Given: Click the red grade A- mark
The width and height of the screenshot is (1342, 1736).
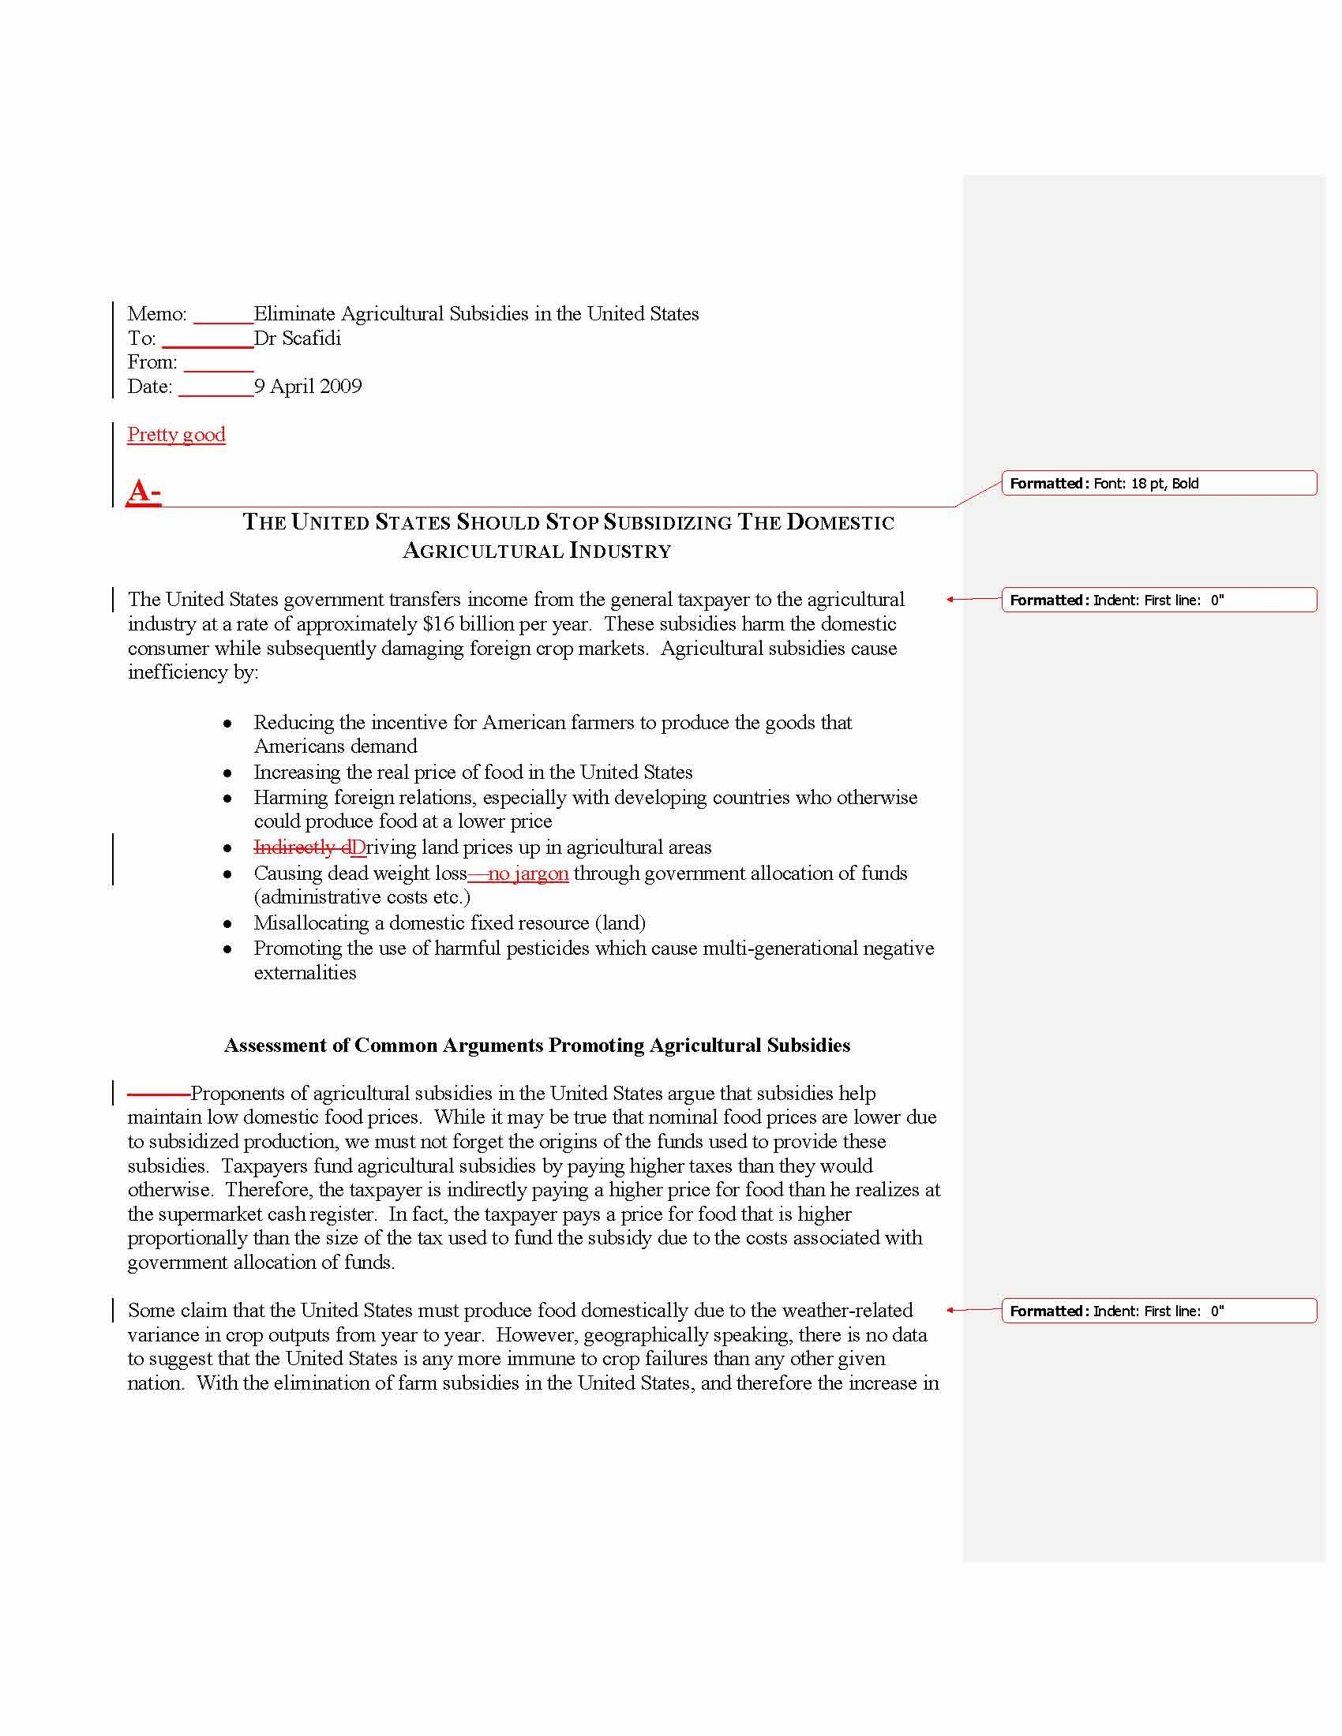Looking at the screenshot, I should pos(144,492).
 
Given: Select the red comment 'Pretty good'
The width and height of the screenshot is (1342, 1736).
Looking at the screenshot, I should pos(177,434).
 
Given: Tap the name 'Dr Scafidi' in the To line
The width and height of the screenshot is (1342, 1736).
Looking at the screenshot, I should pos(298,339).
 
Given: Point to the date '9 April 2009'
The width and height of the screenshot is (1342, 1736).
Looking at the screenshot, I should pos(308,387).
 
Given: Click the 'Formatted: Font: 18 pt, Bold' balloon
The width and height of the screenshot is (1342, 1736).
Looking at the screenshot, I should pos(1157,483).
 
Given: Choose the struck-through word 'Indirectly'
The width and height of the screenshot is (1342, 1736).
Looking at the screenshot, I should pos(294,847).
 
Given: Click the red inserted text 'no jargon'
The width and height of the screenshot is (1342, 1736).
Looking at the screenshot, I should pos(528,874).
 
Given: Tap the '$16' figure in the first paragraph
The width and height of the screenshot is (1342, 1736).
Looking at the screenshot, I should pos(438,624).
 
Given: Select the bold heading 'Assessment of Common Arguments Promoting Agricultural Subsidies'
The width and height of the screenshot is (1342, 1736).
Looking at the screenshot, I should pos(537,1046).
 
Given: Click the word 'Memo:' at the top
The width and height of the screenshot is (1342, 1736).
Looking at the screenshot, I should pos(157,314).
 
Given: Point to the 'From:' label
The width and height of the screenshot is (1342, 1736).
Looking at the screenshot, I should pos(152,362).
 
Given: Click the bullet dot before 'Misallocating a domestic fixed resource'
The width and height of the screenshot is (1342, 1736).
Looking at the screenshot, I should pos(228,924).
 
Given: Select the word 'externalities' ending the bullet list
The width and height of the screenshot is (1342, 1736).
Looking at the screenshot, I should pos(306,973).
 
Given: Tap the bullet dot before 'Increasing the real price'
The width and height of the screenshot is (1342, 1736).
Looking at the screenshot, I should pos(228,773).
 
